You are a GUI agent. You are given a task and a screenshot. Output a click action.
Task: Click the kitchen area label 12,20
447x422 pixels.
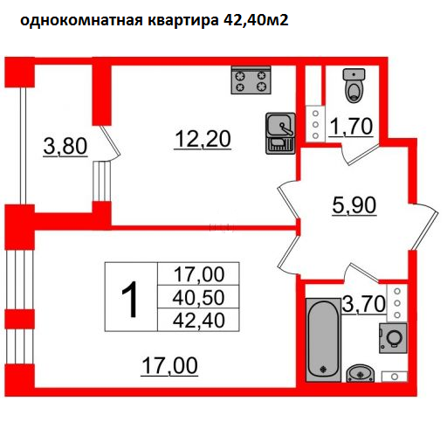coord(203,139)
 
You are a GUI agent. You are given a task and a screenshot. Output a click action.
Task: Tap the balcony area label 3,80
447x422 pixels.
coord(65,146)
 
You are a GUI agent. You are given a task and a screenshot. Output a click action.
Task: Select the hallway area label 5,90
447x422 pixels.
coord(354,205)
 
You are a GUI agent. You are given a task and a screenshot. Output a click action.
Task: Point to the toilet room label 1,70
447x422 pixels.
coord(351,127)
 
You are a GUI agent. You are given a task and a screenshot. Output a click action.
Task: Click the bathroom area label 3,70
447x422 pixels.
coord(364,303)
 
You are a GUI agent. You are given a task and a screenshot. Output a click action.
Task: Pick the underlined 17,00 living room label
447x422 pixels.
coord(169,366)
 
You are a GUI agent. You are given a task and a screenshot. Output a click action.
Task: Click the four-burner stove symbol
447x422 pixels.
coord(251,80)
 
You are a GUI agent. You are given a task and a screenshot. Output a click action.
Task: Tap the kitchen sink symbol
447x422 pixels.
coord(280,133)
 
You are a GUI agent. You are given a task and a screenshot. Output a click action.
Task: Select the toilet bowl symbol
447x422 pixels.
coord(354,85)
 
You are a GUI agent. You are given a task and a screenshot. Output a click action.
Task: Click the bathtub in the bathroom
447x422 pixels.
coord(323,340)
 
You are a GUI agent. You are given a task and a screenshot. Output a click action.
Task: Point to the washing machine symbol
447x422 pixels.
coord(393,338)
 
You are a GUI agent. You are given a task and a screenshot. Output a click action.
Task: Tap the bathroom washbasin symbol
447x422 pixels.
coord(361,373)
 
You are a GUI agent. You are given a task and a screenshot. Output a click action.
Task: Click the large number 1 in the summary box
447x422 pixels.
coord(129,299)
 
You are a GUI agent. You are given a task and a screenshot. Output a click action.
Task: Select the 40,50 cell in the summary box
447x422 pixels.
coord(198,297)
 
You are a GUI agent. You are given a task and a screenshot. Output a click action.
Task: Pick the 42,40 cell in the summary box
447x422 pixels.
coord(198,320)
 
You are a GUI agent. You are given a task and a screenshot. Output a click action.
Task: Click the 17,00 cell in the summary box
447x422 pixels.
coord(199,274)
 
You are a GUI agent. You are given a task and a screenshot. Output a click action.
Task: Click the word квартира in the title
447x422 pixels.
coord(183,21)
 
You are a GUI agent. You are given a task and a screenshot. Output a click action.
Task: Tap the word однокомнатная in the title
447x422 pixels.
coord(81,21)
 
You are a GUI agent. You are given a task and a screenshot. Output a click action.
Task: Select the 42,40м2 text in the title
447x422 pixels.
coord(256,20)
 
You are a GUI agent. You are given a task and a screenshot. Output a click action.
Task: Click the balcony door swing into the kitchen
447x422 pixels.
coord(111,142)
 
